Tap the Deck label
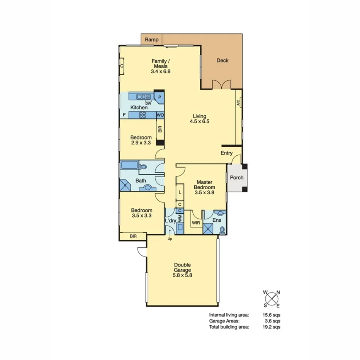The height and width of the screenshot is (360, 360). pyautogui.click(x=222, y=60)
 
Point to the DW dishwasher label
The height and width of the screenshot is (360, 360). pyautogui.click(x=148, y=103)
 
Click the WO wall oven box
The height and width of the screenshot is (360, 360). pyautogui.click(x=160, y=115)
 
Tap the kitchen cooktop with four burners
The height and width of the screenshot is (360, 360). pyautogui.click(x=143, y=115)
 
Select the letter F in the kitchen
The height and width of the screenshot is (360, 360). pyautogui.click(x=124, y=115)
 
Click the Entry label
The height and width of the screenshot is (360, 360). pyautogui.click(x=226, y=153)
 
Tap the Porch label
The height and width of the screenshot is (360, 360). pyautogui.click(x=236, y=178)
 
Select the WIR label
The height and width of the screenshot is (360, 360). pyautogui.click(x=196, y=223)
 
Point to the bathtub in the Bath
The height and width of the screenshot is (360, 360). pyautogui.click(x=129, y=166)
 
